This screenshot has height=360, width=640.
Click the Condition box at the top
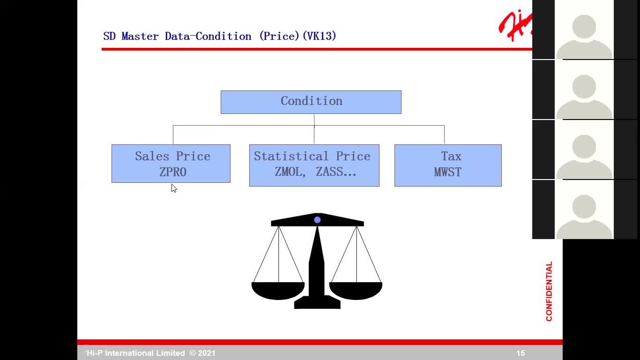(x=311, y=102)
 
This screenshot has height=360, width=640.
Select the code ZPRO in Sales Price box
(x=173, y=172)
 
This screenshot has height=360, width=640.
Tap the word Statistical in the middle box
(x=291, y=156)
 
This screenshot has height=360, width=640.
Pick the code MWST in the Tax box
(x=447, y=172)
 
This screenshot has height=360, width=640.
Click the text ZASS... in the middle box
(x=336, y=172)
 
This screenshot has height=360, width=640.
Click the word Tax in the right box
(x=451, y=156)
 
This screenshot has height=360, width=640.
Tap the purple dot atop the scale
(x=317, y=220)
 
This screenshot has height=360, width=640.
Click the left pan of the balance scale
(x=278, y=290)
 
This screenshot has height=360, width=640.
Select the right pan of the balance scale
(x=356, y=290)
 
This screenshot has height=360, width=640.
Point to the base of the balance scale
(x=317, y=303)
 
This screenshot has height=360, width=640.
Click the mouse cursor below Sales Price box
(x=174, y=188)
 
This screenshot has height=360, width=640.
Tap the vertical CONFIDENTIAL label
(x=549, y=291)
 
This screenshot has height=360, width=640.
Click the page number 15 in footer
(x=520, y=353)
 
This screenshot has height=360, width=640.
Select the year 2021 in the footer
(x=207, y=353)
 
